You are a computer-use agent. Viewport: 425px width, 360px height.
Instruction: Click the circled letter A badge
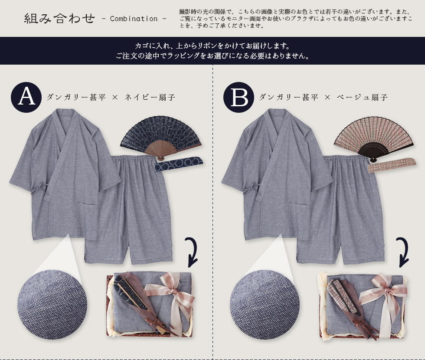point(26,97)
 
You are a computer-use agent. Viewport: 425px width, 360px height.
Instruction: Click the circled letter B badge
point(239,97)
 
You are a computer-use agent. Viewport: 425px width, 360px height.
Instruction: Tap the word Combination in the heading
point(134,19)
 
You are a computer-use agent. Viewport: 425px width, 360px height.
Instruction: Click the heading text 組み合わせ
point(59,18)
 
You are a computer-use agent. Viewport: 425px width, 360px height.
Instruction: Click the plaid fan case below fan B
point(391,165)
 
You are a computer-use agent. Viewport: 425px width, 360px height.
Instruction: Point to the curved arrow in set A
point(193,252)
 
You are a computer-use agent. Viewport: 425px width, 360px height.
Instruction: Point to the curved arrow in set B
point(404,252)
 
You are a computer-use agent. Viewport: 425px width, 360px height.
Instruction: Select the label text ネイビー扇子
point(150,97)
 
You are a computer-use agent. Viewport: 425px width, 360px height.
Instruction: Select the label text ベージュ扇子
point(362,97)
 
